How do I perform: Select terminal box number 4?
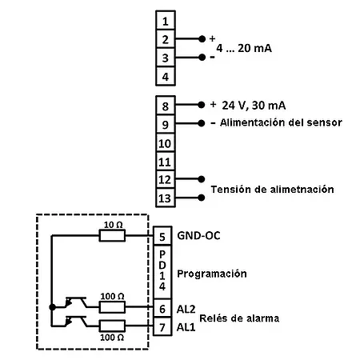click(x=164, y=77)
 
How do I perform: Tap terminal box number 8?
click(x=164, y=106)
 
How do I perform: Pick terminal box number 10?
click(x=164, y=143)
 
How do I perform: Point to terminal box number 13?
click(x=164, y=197)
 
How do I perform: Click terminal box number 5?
click(x=164, y=236)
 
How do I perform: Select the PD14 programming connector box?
click(x=164, y=273)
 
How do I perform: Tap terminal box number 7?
click(x=164, y=327)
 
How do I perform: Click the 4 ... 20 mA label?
click(x=244, y=48)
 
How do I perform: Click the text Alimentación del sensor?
click(x=282, y=122)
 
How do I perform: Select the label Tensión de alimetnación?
click(x=272, y=189)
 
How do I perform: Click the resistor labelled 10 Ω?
click(x=111, y=235)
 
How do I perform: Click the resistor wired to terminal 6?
click(x=112, y=307)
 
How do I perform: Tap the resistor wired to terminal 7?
click(x=112, y=326)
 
